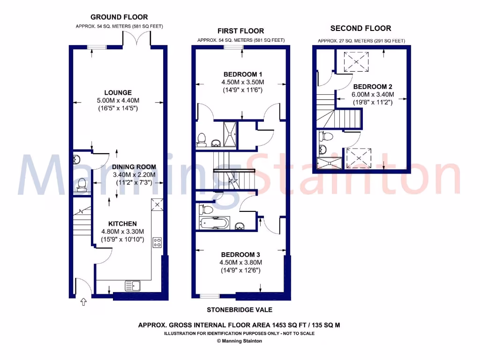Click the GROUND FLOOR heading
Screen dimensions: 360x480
[x=120, y=17]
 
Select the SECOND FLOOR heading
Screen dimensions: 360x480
[x=360, y=29]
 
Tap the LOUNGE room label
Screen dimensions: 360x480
[x=118, y=93]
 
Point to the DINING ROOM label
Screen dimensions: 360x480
[x=134, y=167]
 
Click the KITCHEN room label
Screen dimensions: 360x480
[x=122, y=224]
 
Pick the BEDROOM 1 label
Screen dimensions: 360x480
[x=242, y=74]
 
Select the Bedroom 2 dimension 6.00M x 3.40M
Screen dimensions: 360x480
[x=373, y=94]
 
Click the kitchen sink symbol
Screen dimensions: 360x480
[x=133, y=285]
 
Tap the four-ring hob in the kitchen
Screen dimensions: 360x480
[x=157, y=242]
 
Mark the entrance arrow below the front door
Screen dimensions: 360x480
[x=84, y=302]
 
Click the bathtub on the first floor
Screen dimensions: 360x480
[x=214, y=223]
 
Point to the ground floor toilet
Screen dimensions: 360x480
[x=81, y=184]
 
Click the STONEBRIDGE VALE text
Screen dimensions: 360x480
[x=240, y=310]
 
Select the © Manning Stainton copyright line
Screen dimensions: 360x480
[x=239, y=341]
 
